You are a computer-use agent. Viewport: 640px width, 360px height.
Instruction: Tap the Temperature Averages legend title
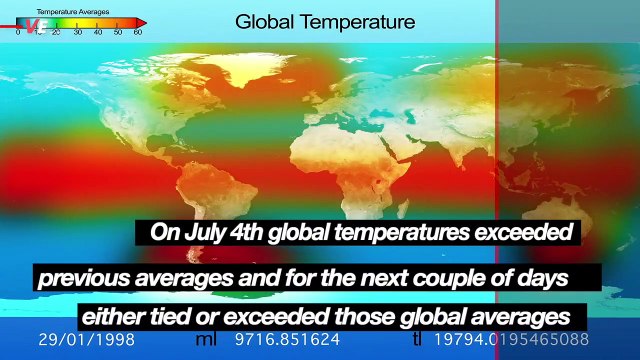[x=73, y=11]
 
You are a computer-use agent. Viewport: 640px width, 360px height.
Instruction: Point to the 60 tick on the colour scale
[x=137, y=32]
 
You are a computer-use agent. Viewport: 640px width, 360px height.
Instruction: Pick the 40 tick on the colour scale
[x=98, y=32]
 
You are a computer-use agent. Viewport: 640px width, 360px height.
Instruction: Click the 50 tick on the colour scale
[x=118, y=32]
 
